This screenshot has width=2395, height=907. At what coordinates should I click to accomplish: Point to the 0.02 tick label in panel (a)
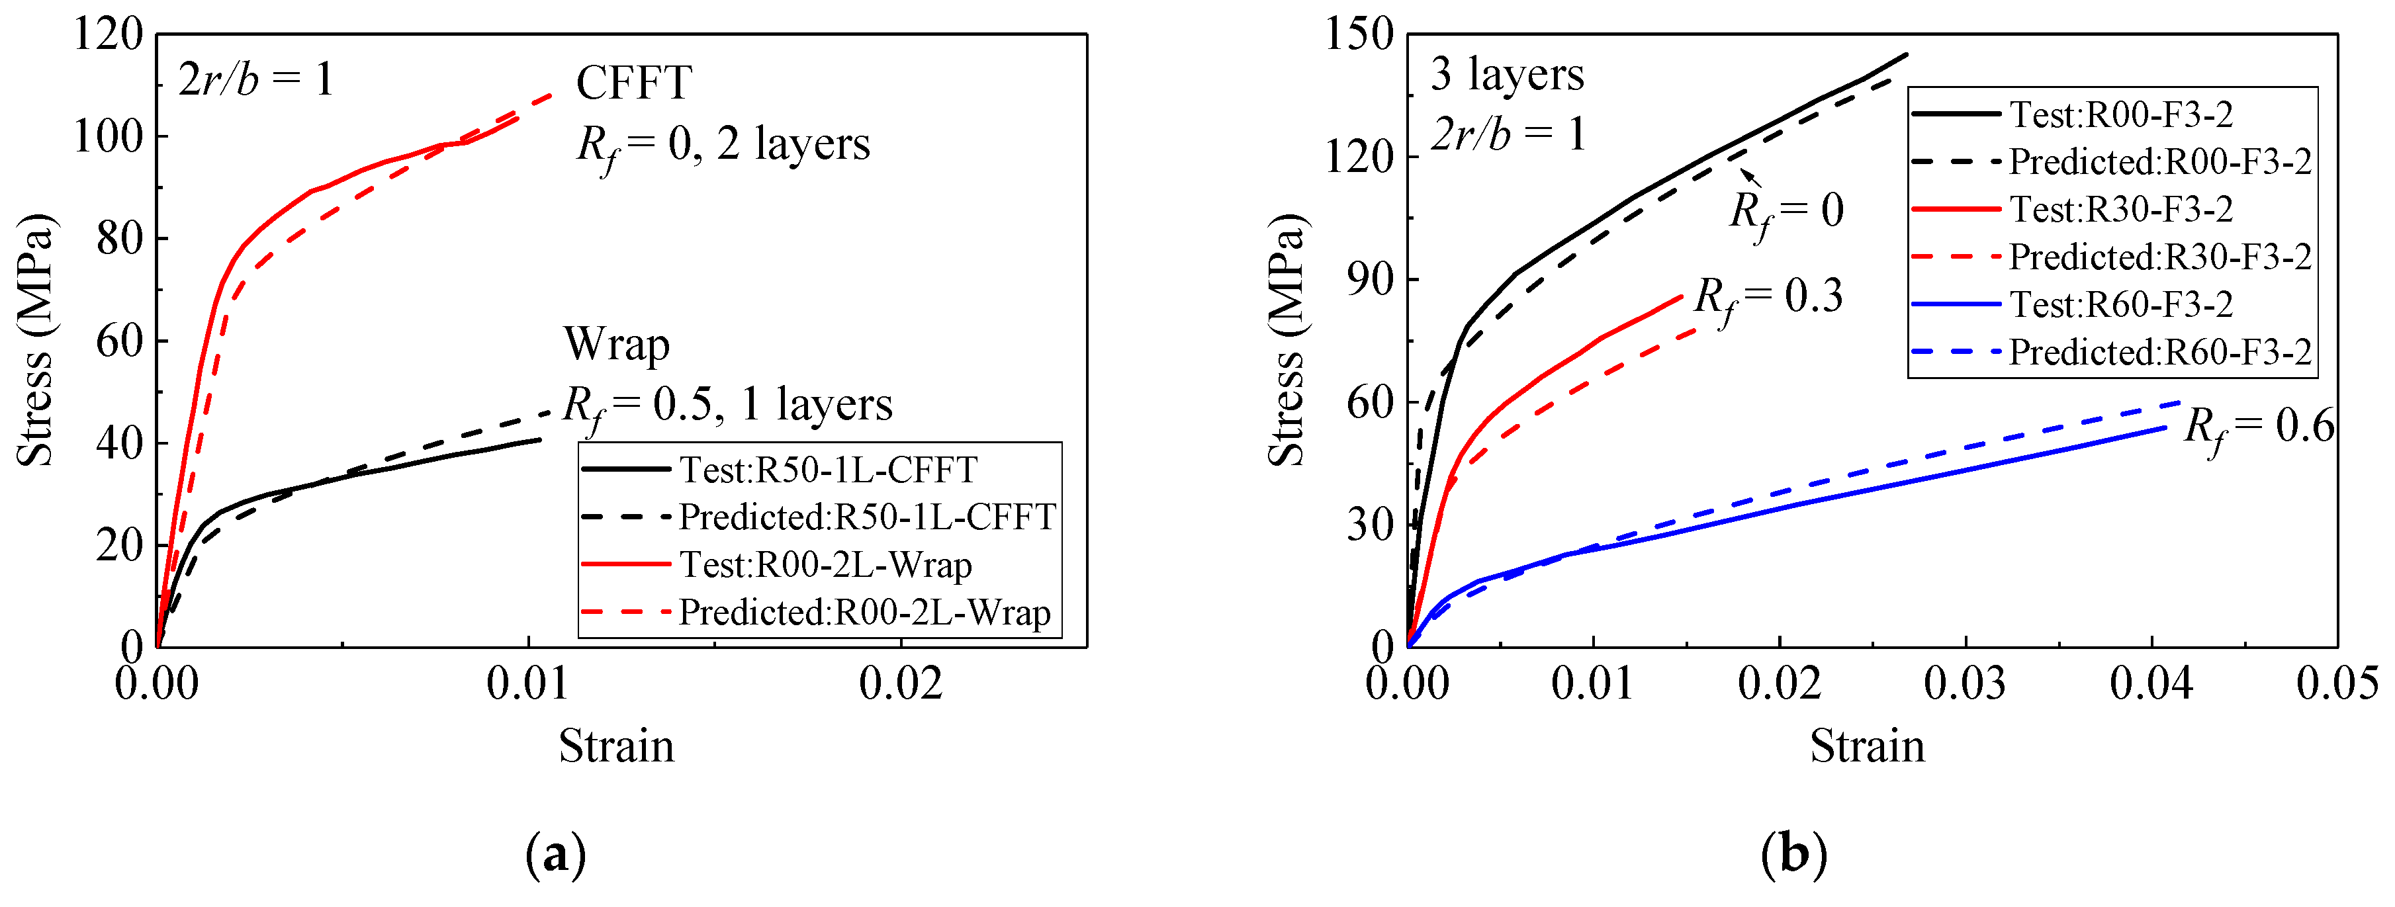coord(900,684)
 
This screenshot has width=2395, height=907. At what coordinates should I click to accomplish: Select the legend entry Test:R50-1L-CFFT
coord(827,469)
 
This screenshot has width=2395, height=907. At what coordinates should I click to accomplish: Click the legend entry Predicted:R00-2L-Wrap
coord(865,613)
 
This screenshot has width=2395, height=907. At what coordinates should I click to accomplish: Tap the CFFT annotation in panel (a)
coord(634,83)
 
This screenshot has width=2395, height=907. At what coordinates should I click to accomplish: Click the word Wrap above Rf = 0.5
coord(616,345)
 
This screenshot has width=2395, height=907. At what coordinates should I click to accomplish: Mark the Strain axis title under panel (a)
coord(615,746)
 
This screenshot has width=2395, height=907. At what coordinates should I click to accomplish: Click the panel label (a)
coord(556,854)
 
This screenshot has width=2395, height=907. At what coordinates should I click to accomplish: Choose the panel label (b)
coord(1793,854)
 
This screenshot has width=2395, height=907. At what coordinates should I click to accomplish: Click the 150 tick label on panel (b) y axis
coord(1359,35)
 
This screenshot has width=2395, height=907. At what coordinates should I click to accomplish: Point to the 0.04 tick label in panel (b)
coord(2151,684)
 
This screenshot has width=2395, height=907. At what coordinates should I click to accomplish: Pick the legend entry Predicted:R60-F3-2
coord(2159,352)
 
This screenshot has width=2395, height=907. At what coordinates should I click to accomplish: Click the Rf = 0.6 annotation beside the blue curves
coord(2257,427)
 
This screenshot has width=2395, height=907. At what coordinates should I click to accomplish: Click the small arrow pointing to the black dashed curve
coord(1750,177)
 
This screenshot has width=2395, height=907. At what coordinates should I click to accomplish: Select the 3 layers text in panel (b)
coord(1506,74)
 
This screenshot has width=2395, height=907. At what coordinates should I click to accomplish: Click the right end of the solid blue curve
coord(2165,427)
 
